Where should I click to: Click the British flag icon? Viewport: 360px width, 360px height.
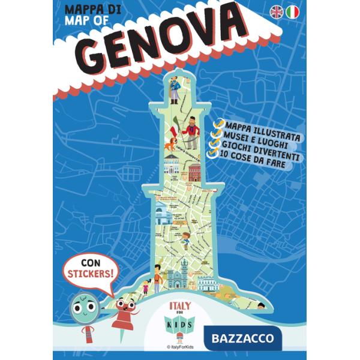click(277, 12)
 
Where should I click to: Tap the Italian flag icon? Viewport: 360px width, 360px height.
click(293, 12)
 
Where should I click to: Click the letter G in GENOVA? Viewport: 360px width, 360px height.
click(99, 52)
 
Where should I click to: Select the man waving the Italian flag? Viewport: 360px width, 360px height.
click(191, 131)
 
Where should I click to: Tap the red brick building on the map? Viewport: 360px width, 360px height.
click(195, 174)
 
